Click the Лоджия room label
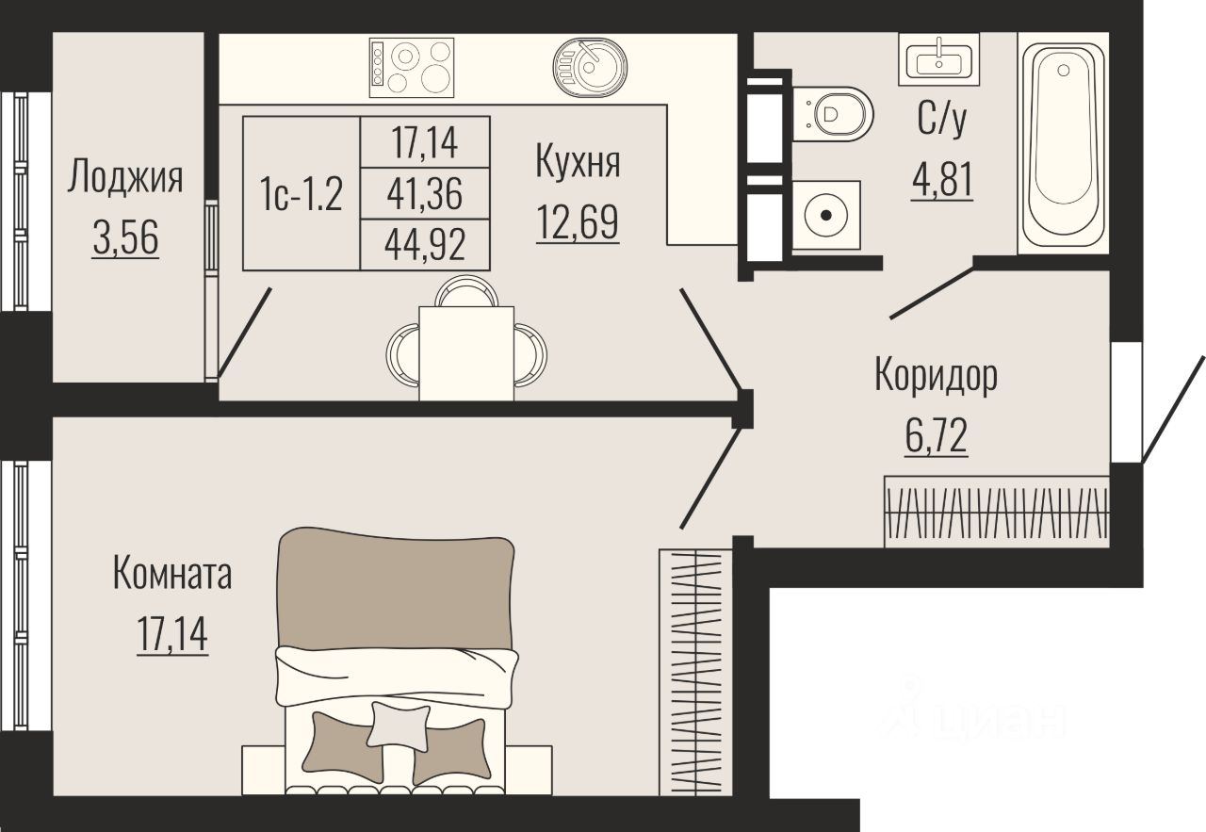coord(125,177)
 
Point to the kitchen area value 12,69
coord(578,221)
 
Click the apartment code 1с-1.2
coord(301,194)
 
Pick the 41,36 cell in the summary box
coord(425,194)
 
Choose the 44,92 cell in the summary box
coord(425,244)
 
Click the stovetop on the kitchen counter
coord(412,67)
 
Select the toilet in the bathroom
coord(832,114)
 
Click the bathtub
coord(1063,143)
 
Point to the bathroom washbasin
coord(939,59)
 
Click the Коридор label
coord(936,375)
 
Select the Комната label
coord(172,575)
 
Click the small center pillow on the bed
coord(399,725)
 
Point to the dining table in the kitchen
coord(466,353)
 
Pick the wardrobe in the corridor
coord(997,512)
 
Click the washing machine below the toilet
coord(826,215)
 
